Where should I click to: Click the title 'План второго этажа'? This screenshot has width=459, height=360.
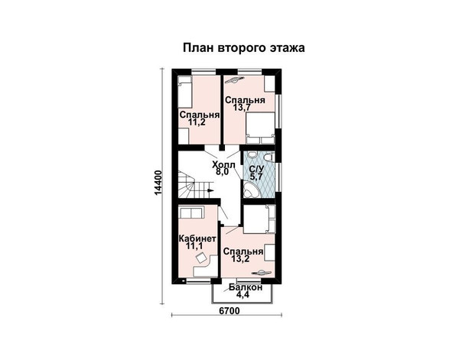point(243,48)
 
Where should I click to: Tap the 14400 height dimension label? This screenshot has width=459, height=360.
point(158,183)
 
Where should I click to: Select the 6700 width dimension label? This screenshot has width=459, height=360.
point(229,311)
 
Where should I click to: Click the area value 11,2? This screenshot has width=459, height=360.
point(197,122)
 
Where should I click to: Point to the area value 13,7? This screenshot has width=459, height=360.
point(242,107)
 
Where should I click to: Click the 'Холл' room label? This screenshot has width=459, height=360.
point(223,164)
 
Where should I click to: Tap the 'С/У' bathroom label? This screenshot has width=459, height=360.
point(256,169)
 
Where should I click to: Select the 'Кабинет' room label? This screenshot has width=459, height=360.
point(197,238)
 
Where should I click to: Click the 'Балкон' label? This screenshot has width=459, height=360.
point(246,287)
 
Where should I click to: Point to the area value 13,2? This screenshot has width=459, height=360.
point(240,258)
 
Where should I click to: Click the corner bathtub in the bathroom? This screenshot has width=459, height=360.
point(251,190)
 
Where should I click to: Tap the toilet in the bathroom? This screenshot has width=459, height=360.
point(269,157)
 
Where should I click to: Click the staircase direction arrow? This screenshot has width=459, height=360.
point(210,190)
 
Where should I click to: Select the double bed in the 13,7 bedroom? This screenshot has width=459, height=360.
point(260,128)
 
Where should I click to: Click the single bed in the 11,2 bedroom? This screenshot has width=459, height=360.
point(184,92)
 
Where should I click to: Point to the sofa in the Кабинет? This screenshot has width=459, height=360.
point(190,212)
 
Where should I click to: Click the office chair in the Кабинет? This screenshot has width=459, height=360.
point(200,258)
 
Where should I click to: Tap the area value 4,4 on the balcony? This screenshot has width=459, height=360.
point(243,294)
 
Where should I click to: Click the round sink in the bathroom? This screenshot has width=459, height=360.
point(251,154)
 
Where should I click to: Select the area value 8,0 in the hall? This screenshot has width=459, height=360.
point(222,172)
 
